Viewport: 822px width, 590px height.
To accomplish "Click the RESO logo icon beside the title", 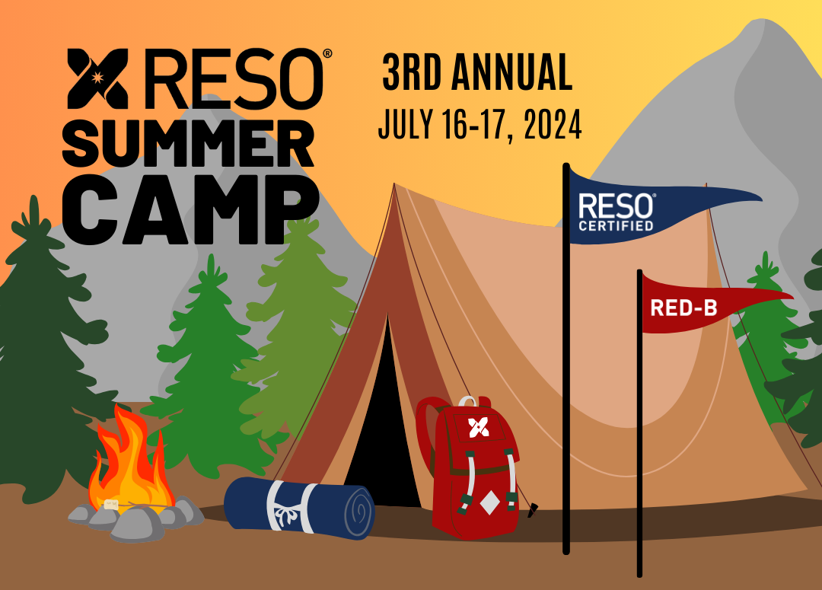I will pyautogui.click(x=97, y=78).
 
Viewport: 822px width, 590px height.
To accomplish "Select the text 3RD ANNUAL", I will pyautogui.click(x=476, y=74).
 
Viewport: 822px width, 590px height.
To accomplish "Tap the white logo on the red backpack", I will pyautogui.click(x=479, y=427).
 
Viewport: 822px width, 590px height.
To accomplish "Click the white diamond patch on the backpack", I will pyautogui.click(x=489, y=502).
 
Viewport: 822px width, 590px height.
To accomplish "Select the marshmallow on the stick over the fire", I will pyautogui.click(x=113, y=504).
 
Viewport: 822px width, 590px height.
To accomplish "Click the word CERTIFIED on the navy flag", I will pyautogui.click(x=616, y=225).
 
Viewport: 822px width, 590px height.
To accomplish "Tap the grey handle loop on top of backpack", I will pyautogui.click(x=467, y=400).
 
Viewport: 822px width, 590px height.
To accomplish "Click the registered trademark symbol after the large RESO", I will pyautogui.click(x=327, y=54).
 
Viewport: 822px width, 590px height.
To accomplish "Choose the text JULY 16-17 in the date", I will pyautogui.click(x=441, y=124).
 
